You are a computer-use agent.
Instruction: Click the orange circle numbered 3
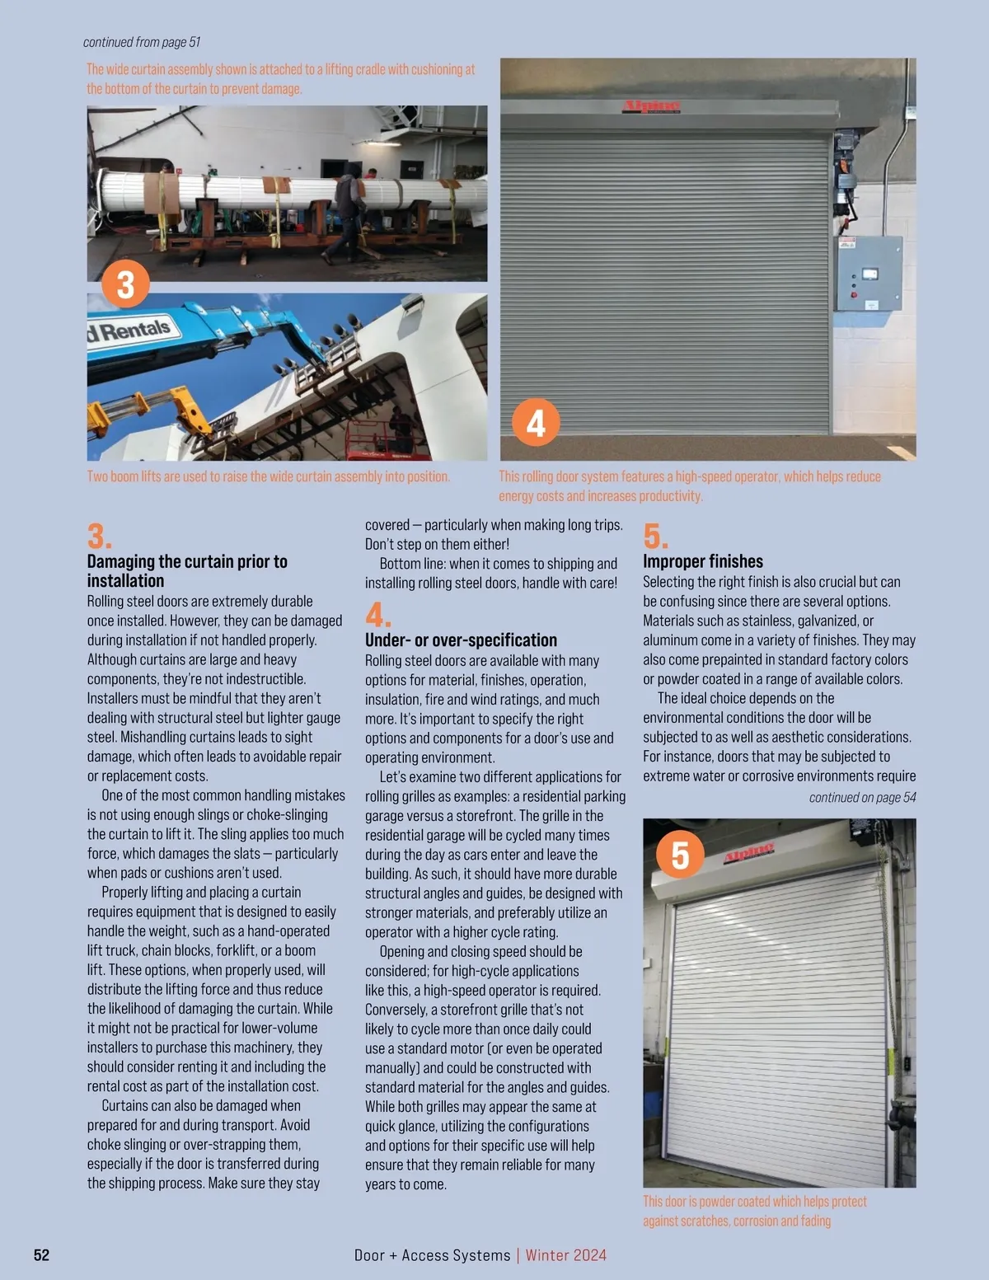125,284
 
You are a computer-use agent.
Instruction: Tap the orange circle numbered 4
536,423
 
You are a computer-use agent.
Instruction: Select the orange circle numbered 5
680,855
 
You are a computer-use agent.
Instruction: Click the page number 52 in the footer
41,1255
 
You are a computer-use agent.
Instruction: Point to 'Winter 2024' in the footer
566,1255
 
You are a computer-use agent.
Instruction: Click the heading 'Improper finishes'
703,561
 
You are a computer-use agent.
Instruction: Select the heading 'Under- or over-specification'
461,640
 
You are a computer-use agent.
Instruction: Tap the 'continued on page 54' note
862,797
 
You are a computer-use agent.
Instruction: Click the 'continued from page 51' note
142,42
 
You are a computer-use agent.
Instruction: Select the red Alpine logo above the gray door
651,106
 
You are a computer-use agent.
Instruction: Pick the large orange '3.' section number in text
99,537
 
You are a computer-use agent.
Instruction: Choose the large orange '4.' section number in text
377,615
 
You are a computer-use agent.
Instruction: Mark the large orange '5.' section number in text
655,537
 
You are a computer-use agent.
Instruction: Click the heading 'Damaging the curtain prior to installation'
187,571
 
